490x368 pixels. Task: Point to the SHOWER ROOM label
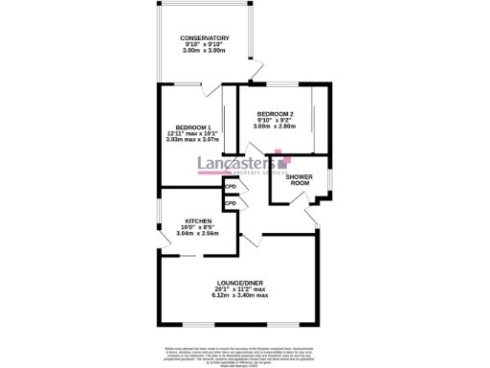point(300,180)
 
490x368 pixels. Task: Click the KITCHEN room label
point(197,219)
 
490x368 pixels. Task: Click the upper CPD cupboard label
point(231,188)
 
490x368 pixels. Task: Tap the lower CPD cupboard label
point(231,204)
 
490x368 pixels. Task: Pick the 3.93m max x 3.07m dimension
point(191,140)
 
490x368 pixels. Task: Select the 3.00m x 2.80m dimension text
point(275,126)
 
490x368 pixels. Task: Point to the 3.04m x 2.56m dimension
point(197,233)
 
